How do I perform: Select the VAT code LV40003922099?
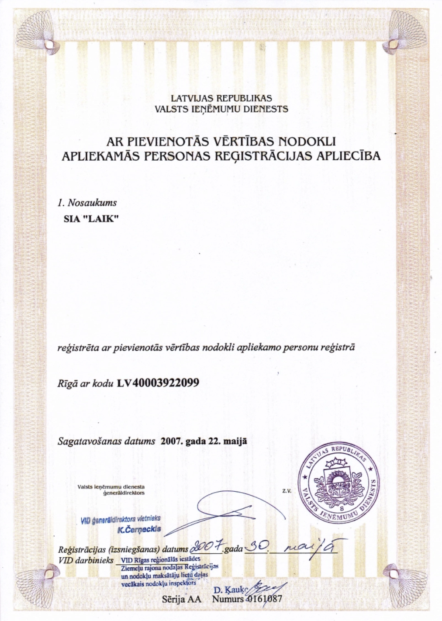pyautogui.click(x=158, y=383)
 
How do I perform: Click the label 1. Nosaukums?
pyautogui.click(x=87, y=203)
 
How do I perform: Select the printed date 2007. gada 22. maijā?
pyautogui.click(x=204, y=441)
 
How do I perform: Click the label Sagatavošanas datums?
pyautogui.click(x=107, y=441)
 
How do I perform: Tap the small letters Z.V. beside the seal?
pyautogui.click(x=287, y=491)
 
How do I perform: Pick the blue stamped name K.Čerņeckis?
pyautogui.click(x=139, y=529)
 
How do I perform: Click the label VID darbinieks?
pyautogui.click(x=85, y=560)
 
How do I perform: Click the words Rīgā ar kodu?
pyautogui.click(x=86, y=383)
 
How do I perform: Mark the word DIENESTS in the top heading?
pyautogui.click(x=267, y=109)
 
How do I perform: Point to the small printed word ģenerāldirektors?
pyautogui.click(x=123, y=493)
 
